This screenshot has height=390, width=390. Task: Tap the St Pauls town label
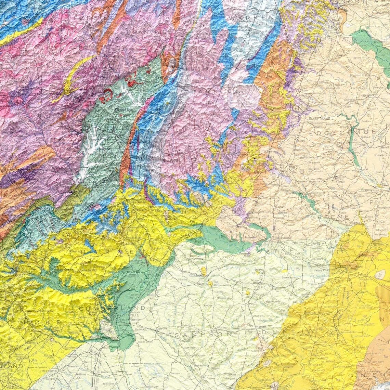tap(99, 372)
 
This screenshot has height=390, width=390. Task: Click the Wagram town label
tap(20, 354)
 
